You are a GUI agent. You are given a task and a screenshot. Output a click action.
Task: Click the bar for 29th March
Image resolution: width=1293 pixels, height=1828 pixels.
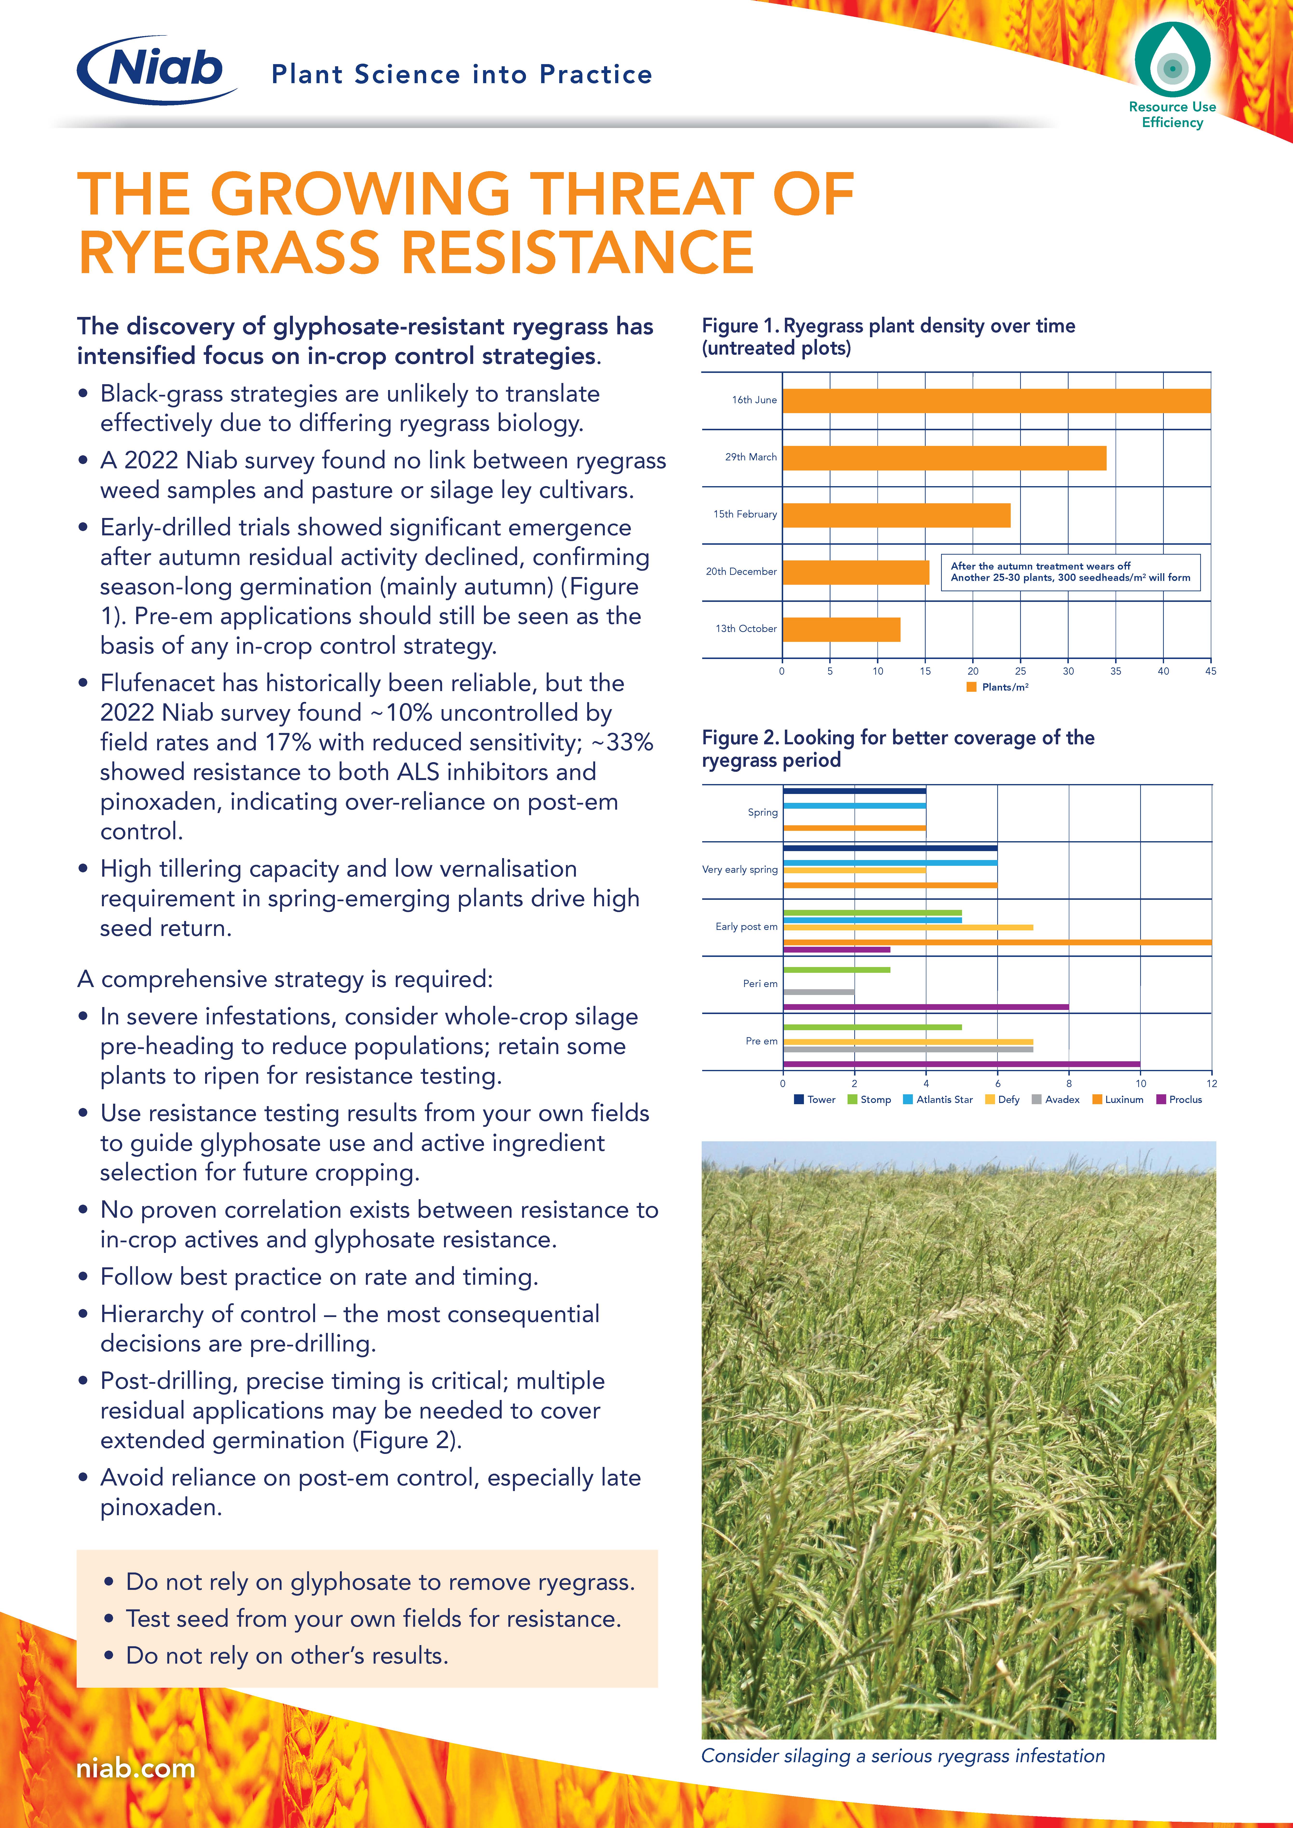click(944, 458)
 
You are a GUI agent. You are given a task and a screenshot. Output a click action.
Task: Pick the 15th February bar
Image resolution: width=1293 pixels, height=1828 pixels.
click(896, 515)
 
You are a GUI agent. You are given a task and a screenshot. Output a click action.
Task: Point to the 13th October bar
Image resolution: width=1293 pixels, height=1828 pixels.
click(842, 629)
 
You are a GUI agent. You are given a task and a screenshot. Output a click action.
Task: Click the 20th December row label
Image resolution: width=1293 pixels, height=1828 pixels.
click(741, 572)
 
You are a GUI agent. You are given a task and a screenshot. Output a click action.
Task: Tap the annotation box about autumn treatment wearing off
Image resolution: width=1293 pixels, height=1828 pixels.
click(1070, 572)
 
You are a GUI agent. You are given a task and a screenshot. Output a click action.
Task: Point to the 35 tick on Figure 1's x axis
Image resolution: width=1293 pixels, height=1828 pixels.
click(1115, 671)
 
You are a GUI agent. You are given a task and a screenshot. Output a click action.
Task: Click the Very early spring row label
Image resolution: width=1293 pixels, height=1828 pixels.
click(740, 869)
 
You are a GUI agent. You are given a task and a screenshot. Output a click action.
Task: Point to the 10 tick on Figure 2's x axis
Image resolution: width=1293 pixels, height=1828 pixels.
click(1140, 1084)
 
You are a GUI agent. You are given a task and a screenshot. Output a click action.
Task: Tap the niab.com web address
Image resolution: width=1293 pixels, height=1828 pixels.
click(135, 1768)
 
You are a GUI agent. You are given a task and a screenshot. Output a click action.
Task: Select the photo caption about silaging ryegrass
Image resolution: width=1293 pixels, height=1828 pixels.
click(903, 1755)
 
